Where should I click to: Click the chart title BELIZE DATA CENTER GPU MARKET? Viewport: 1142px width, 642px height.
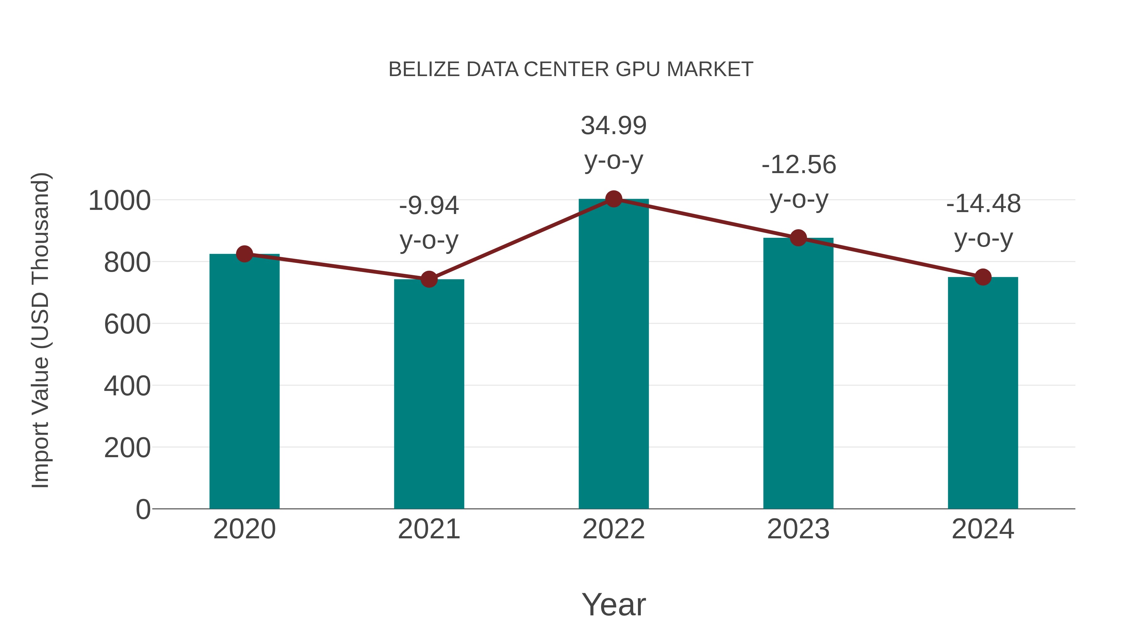571,69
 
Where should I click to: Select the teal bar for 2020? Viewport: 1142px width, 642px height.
244,381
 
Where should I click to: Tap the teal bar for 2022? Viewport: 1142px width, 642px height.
614,354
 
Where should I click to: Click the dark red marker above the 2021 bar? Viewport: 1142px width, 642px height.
429,279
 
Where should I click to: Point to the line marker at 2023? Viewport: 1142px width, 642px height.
798,238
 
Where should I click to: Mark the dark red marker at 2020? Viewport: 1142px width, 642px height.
244,254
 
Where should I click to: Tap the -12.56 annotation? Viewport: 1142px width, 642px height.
798,165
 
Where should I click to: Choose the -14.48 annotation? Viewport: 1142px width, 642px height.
983,204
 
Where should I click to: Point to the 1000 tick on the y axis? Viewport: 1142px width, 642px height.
120,201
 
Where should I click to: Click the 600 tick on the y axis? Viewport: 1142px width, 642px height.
127,324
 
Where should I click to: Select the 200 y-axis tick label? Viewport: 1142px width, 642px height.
127,448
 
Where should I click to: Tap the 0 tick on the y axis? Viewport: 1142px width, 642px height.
143,509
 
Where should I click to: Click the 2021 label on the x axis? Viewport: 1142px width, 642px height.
429,529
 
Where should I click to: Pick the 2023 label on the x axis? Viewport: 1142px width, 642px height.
798,529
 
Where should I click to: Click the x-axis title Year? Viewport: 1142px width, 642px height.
614,604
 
